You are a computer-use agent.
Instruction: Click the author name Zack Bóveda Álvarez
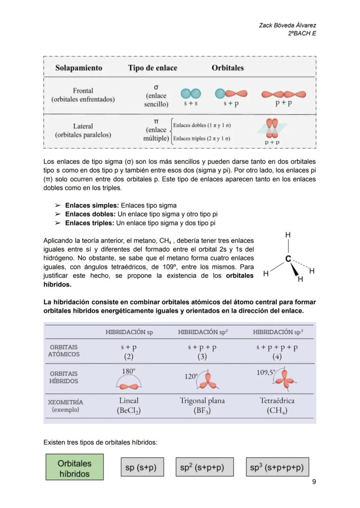287,26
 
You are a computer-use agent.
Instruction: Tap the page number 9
314,481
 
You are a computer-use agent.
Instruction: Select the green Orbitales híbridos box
75,468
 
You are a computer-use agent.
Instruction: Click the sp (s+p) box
140,468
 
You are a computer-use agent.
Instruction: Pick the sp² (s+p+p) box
204,468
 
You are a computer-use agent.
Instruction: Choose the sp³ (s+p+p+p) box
277,468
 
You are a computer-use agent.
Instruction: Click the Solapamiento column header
79,68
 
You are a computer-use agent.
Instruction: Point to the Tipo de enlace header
153,68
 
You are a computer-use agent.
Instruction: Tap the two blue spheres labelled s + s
190,94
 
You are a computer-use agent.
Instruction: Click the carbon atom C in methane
288,259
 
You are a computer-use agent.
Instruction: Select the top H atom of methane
288,235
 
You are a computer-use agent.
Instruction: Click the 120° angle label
191,376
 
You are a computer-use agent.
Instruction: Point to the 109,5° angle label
266,372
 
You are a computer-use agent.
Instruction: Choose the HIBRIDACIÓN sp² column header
203,332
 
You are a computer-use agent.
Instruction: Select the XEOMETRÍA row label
65,402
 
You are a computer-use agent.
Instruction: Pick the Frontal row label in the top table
83,91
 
